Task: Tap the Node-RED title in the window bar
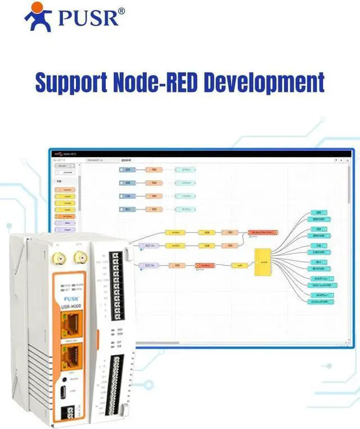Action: click(69, 153)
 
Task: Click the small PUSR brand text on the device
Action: click(71, 298)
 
